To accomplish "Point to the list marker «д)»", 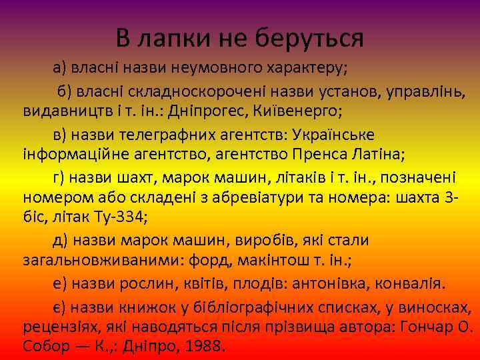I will pyautogui.click(x=63, y=241).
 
